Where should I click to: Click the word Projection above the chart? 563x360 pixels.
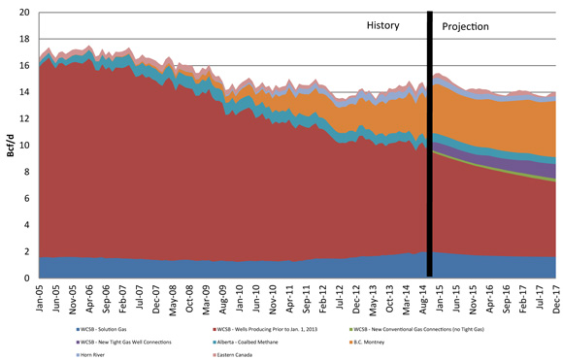[x=466, y=27]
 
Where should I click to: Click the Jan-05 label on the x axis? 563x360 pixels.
[x=40, y=297]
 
